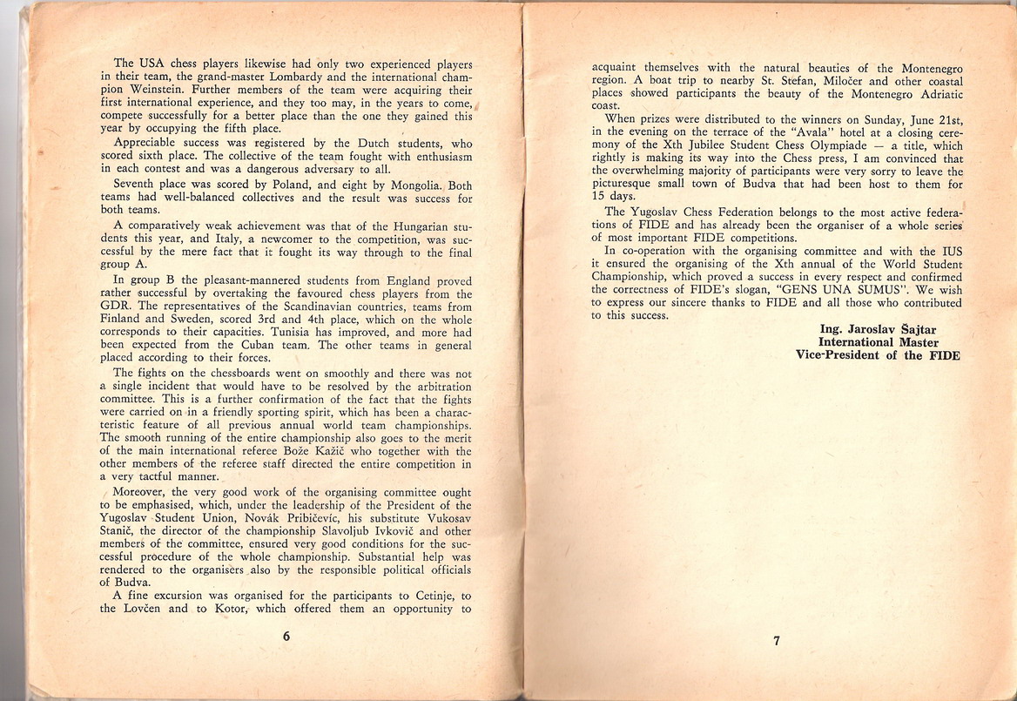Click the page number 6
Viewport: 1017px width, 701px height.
[286, 636]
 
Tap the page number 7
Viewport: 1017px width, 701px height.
[776, 643]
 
